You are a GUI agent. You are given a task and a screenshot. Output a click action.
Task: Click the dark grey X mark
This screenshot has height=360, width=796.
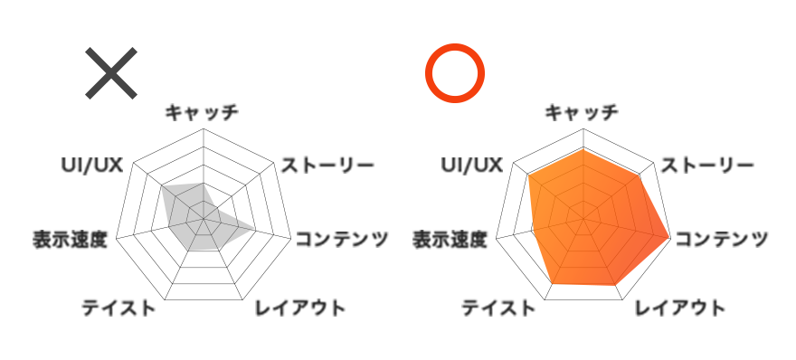[x=111, y=72]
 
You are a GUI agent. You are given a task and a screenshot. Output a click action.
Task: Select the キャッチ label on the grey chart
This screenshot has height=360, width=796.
[x=202, y=112]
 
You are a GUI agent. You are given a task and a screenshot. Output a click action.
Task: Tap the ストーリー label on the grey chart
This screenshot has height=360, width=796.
[x=327, y=166]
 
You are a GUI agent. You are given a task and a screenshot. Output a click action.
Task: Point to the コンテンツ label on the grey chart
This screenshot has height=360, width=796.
[x=342, y=239]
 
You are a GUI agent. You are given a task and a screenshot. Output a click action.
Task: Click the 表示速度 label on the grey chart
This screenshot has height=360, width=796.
[x=70, y=240]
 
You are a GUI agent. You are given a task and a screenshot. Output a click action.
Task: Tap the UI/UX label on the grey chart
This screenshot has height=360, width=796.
[x=91, y=166]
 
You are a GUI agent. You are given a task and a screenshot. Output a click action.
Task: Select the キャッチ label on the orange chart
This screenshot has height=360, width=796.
[x=582, y=112]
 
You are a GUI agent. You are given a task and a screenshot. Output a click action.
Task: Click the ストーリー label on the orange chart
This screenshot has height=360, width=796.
[x=706, y=166]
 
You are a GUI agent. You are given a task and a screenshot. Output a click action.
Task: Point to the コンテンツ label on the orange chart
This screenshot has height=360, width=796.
[x=722, y=239]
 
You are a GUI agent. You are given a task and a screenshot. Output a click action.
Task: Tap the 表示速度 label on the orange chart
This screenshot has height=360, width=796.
[x=450, y=240]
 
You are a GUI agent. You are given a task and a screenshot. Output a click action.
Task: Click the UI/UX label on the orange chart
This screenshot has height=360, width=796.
[x=471, y=166]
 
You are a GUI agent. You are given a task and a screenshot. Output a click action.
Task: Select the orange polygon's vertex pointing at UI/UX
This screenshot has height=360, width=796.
[x=528, y=175]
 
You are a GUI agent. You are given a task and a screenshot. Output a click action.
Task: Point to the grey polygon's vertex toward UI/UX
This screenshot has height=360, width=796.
[x=162, y=187]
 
